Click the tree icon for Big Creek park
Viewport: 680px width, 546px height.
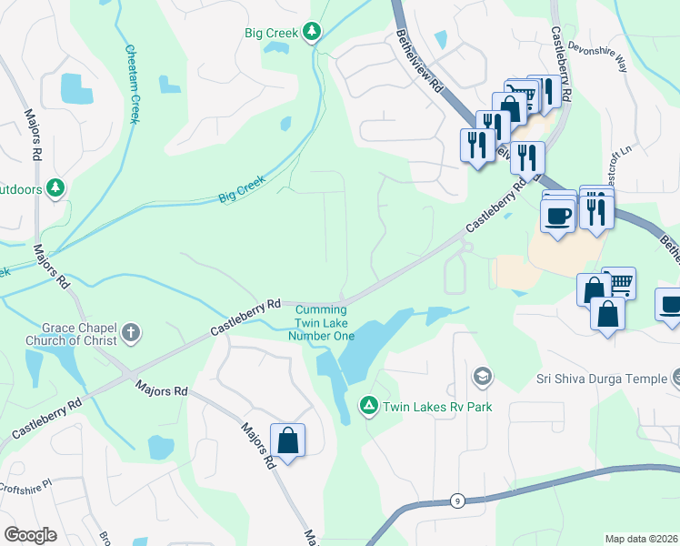(312, 33)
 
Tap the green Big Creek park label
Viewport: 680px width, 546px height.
(272, 33)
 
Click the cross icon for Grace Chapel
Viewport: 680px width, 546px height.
(131, 333)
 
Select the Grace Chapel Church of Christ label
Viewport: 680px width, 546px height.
(79, 334)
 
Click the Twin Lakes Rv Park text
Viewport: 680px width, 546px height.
(437, 407)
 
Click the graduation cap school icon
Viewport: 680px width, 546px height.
(482, 376)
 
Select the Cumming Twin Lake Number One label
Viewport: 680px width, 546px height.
(321, 322)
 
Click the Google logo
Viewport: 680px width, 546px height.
(30, 535)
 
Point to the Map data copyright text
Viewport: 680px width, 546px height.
(641, 539)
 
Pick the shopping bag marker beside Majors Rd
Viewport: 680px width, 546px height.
(287, 441)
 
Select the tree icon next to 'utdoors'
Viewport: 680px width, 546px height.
(56, 187)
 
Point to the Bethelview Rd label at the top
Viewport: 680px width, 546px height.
(419, 63)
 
